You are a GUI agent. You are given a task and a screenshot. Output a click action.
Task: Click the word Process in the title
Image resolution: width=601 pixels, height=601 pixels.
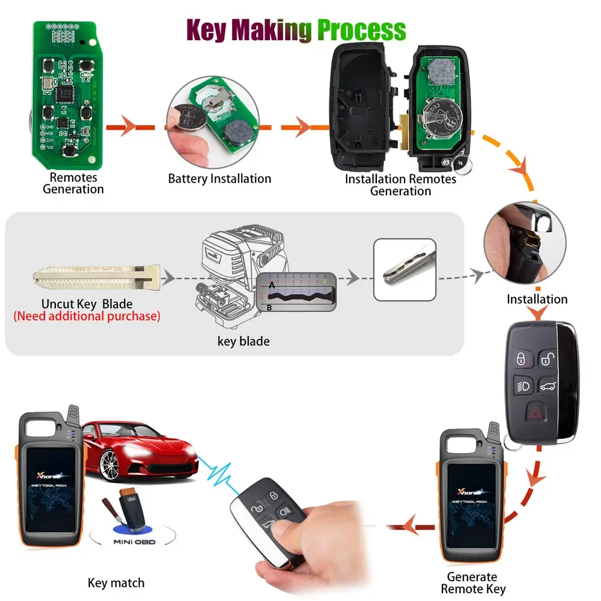click(361, 30)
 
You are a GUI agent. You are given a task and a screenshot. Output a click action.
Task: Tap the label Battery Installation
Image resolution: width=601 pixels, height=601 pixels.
click(219, 178)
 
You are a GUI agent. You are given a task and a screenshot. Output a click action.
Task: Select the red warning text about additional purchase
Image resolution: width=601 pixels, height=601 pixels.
click(87, 316)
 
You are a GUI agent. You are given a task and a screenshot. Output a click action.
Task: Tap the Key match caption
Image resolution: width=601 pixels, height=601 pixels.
click(116, 582)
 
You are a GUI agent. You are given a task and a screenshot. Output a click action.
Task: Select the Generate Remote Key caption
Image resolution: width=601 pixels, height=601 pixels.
click(472, 583)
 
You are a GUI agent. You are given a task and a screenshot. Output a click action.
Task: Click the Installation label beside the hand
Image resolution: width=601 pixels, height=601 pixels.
click(537, 299)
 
